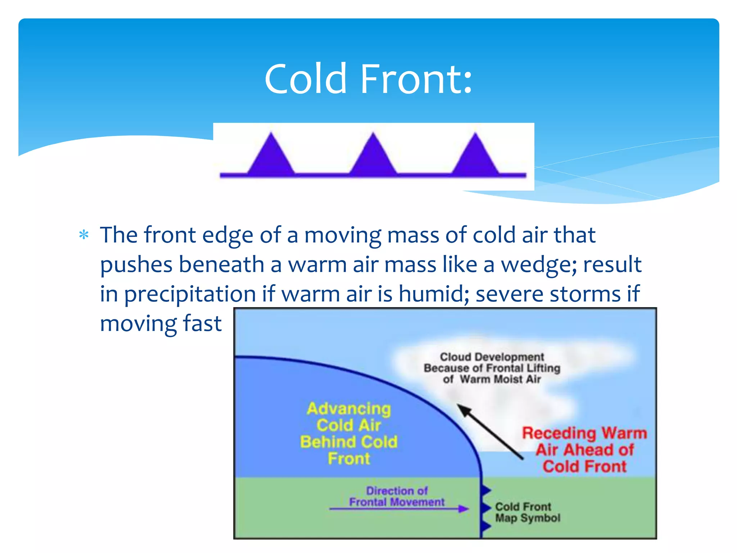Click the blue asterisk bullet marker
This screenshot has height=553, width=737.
point(84,235)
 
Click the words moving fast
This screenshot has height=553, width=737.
point(160,323)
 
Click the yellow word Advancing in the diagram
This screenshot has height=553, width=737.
point(349,409)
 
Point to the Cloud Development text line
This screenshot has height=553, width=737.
point(492,357)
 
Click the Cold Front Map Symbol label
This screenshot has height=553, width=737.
point(527,512)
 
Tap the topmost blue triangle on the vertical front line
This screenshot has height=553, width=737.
point(485,490)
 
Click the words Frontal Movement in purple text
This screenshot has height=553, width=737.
point(397,502)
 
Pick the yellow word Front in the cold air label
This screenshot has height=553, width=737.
point(349,459)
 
